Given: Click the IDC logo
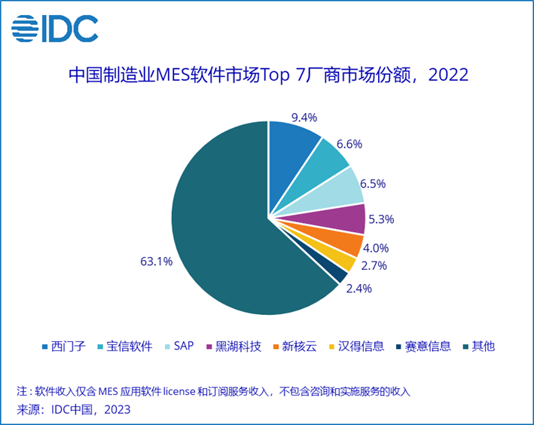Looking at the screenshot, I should pos(54,29).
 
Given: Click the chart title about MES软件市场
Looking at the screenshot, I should pos(268,75).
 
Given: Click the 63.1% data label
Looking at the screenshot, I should pos(156,262).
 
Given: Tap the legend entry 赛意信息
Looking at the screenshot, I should pos(427,346).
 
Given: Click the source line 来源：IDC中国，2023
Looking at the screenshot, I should pos(74,409).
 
